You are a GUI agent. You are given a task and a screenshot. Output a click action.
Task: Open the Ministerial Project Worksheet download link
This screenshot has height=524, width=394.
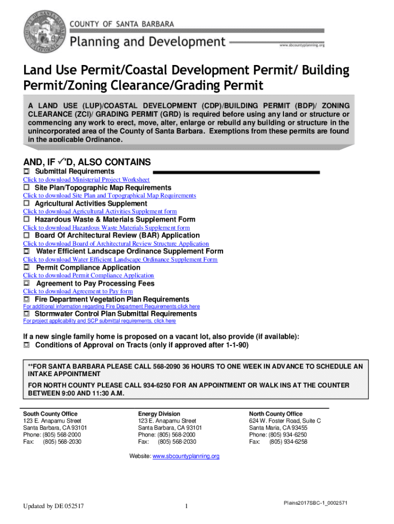click(86, 180)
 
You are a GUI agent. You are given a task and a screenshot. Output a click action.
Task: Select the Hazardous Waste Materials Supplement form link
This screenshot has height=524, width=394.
click(106, 228)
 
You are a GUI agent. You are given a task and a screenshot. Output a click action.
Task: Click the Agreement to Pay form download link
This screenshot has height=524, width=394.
click(78, 291)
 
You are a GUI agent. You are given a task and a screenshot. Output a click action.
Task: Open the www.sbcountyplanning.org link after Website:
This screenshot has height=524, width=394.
click(186, 456)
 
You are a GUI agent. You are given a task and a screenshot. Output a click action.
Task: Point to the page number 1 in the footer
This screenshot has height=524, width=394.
click(187, 507)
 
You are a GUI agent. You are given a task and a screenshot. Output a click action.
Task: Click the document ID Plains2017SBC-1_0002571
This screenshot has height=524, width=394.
click(316, 503)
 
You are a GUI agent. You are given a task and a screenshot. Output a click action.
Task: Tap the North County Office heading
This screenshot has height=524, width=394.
click(276, 413)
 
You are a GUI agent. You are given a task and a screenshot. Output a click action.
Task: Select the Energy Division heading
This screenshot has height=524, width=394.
click(159, 413)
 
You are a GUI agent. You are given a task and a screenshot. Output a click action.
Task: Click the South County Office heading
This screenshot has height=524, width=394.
click(50, 413)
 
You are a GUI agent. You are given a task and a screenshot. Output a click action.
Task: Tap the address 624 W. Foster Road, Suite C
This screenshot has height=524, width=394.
click(285, 421)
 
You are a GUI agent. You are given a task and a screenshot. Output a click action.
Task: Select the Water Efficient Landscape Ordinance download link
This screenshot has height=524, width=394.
click(120, 259)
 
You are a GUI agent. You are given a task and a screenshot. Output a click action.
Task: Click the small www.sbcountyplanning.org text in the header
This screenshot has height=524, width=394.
click(302, 45)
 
